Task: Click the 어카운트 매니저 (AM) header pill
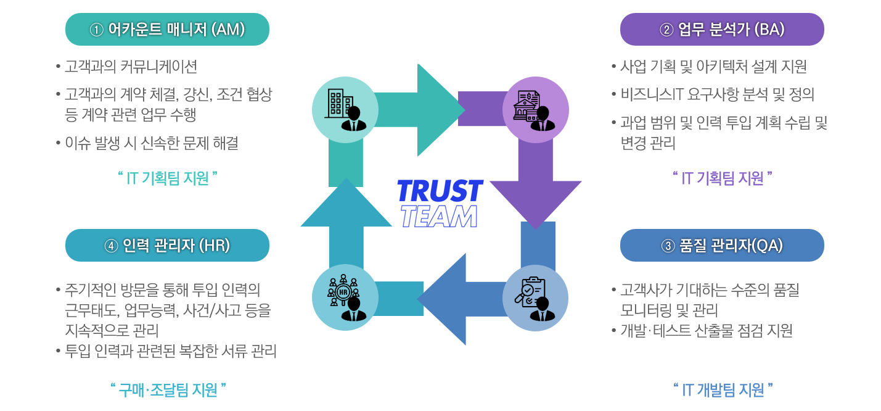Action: [x=167, y=29]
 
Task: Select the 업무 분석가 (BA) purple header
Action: [x=722, y=29]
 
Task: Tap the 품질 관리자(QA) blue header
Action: [x=722, y=245]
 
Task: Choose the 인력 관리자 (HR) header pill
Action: [x=167, y=245]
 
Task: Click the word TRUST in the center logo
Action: [x=440, y=191]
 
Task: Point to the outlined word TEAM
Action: [x=438, y=216]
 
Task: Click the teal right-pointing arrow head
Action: [x=439, y=109]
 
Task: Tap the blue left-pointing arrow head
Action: [x=445, y=299]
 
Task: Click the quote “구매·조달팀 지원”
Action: [x=168, y=389]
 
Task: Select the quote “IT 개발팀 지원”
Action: [x=723, y=389]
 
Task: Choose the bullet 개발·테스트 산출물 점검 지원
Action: [x=706, y=331]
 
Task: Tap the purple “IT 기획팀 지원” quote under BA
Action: [x=723, y=178]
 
